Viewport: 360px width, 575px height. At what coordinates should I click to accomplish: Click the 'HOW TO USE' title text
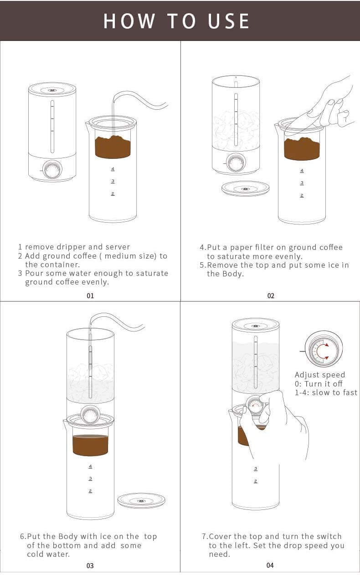click(177, 21)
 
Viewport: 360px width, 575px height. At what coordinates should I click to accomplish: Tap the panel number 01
click(90, 296)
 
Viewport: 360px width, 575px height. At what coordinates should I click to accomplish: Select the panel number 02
click(271, 296)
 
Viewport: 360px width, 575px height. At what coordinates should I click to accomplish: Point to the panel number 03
click(90, 565)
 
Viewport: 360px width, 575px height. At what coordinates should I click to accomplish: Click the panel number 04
click(270, 565)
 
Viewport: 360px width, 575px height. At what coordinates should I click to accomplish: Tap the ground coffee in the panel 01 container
click(113, 148)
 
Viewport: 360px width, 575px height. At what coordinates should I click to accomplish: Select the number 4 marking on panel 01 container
click(113, 169)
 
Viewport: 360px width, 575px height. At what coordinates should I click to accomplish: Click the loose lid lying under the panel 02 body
click(245, 188)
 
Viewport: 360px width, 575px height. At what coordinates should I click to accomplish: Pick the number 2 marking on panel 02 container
click(302, 195)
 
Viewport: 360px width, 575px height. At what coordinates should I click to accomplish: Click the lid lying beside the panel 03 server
click(141, 500)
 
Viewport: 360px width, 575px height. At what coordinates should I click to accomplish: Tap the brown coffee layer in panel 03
click(90, 445)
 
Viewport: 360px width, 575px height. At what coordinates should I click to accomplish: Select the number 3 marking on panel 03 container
click(90, 478)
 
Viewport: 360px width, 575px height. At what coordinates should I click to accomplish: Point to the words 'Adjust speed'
click(320, 375)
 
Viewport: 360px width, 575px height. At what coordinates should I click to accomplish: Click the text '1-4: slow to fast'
click(326, 392)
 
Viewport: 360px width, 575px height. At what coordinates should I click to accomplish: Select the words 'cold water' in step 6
click(48, 554)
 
